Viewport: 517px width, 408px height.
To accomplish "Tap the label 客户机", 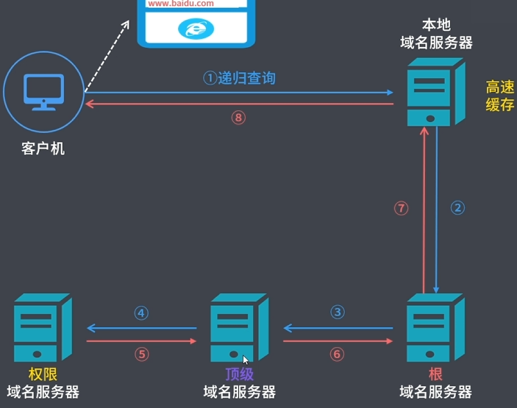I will (x=43, y=148).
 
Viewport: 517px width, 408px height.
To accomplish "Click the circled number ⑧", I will (x=238, y=118).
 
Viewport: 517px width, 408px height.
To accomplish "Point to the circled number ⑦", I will (x=401, y=208).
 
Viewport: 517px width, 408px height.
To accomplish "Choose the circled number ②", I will (x=457, y=208).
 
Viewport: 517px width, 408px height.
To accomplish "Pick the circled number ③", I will (x=338, y=312).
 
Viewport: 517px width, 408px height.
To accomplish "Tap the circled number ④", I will (x=141, y=312).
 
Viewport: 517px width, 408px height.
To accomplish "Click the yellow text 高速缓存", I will (x=500, y=96).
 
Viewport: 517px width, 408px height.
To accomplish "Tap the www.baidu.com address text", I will (x=181, y=4).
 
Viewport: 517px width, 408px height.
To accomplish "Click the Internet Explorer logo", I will (x=195, y=29).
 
